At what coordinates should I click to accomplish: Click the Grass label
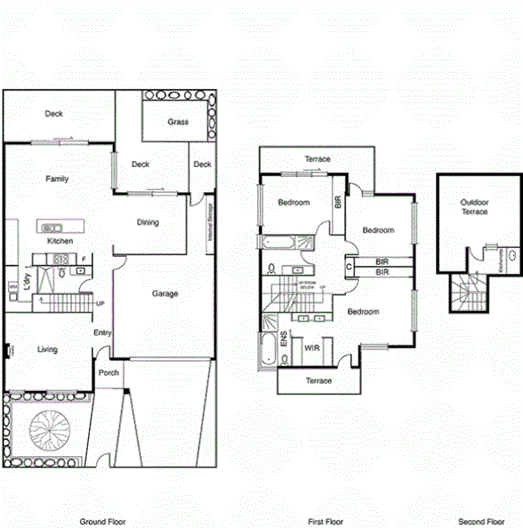(x=177, y=122)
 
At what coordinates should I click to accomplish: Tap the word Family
(x=57, y=179)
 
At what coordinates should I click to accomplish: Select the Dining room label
(x=148, y=222)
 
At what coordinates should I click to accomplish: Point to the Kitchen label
(x=60, y=241)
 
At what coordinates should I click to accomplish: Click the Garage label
(x=165, y=293)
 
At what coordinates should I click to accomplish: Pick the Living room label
(x=47, y=349)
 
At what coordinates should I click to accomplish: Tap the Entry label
(x=102, y=333)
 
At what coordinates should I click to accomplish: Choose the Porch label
(x=109, y=373)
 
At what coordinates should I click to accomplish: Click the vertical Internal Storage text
(x=209, y=221)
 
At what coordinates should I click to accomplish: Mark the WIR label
(x=311, y=348)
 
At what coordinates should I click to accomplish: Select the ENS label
(x=285, y=338)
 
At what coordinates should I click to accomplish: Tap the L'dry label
(x=28, y=282)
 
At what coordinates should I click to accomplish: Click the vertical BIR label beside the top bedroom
(x=337, y=201)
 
